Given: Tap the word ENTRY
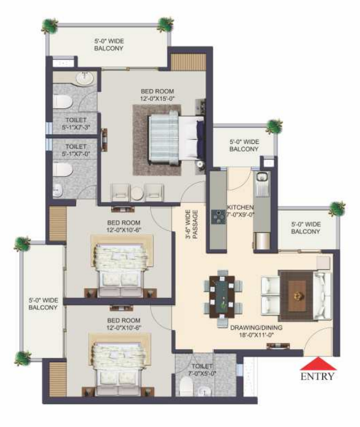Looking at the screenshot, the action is pyautogui.click(x=318, y=376).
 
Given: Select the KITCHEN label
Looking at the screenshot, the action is pyautogui.click(x=240, y=207).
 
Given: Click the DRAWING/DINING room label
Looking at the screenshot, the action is pyautogui.click(x=256, y=327).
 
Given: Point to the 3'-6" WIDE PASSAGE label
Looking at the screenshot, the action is pyautogui.click(x=192, y=224).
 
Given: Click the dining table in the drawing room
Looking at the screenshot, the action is pyautogui.click(x=222, y=297).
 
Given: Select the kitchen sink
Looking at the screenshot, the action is pyautogui.click(x=262, y=177).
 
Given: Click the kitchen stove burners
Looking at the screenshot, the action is pyautogui.click(x=218, y=217).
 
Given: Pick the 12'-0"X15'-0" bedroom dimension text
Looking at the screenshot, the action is pyautogui.click(x=157, y=99).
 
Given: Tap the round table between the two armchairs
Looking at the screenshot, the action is pyautogui.click(x=137, y=193).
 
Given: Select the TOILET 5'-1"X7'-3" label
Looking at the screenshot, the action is pyautogui.click(x=76, y=124).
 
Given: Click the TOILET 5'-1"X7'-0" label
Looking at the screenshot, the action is pyautogui.click(x=76, y=150).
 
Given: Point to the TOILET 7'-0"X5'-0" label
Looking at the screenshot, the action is pyautogui.click(x=202, y=370).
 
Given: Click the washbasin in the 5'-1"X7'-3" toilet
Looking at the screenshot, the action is pyautogui.click(x=86, y=79).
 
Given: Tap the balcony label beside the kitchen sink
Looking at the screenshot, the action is pyautogui.click(x=244, y=146).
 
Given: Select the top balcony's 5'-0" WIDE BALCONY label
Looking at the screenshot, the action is pyautogui.click(x=109, y=45).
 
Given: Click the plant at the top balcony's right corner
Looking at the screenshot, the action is pyautogui.click(x=165, y=25).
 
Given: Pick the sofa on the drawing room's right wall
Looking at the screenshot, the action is pyautogui.click(x=323, y=296).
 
